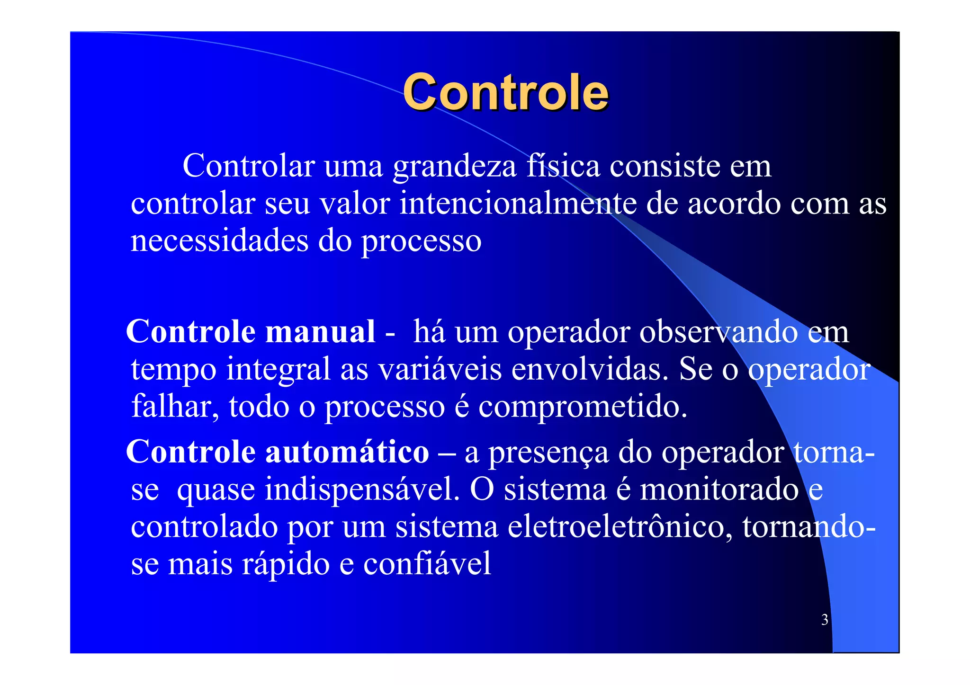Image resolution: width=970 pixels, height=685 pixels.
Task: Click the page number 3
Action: point(825,620)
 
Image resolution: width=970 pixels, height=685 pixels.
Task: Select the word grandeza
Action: point(455,167)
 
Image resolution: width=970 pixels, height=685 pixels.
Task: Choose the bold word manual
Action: point(320,331)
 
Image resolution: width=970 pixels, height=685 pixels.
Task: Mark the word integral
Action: point(278,369)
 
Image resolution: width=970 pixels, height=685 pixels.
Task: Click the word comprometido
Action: point(583,407)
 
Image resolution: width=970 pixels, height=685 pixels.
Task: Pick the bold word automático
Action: point(347,452)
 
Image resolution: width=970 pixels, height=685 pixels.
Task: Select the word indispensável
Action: point(362,489)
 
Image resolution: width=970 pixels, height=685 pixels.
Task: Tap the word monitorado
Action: point(719,489)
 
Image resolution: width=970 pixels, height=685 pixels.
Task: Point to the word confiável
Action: point(427,563)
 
